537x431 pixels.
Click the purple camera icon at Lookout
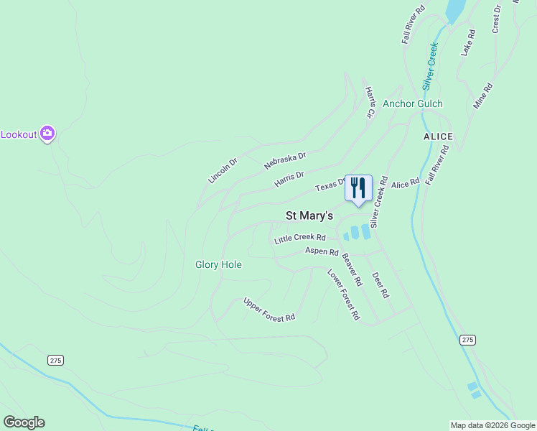point(48,133)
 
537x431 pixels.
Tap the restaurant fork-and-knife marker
point(358,188)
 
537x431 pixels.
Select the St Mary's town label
point(309,215)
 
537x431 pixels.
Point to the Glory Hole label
point(218,264)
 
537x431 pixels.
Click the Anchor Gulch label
point(412,103)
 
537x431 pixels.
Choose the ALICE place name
point(438,136)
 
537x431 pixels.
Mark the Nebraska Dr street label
point(285,159)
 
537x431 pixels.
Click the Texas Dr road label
point(331,185)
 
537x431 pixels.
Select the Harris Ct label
point(370,102)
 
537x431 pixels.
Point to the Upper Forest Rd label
point(269,309)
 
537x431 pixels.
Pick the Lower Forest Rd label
point(343,294)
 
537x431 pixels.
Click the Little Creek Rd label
point(300,238)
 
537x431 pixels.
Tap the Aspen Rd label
point(322,251)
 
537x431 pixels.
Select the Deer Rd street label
point(380,284)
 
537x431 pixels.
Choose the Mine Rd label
point(483,96)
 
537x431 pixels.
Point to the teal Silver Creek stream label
point(430,65)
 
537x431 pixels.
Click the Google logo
point(24,422)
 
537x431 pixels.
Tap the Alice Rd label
point(405,184)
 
